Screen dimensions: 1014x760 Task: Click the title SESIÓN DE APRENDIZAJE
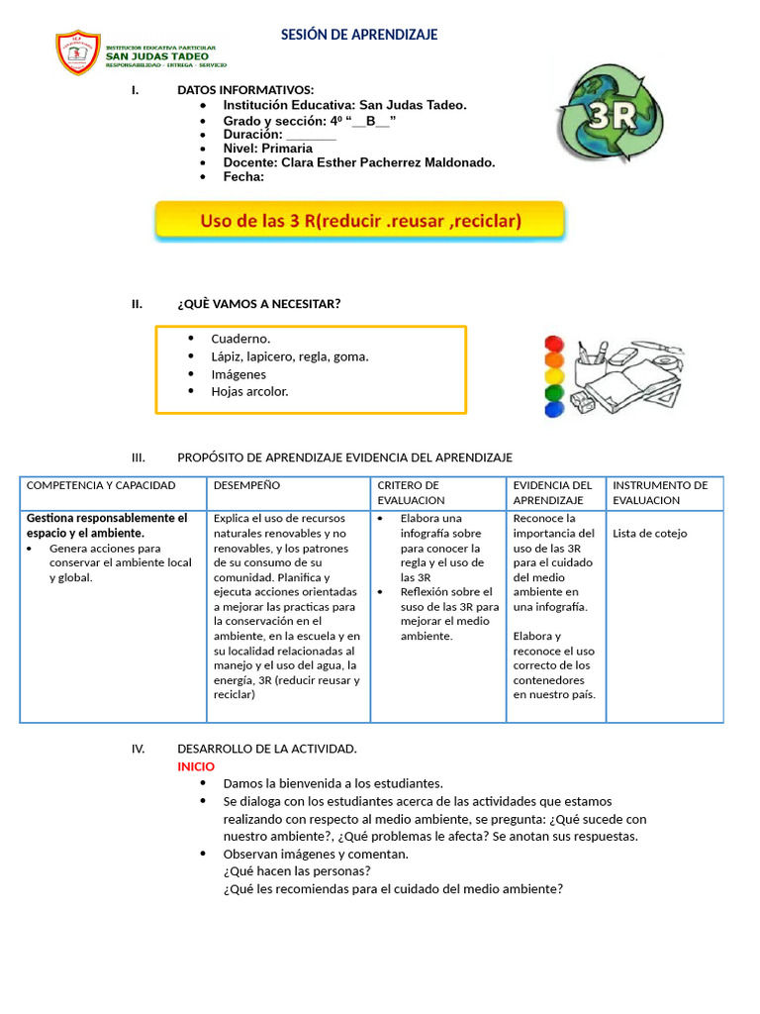[359, 35]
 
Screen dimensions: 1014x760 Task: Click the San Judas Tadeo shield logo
[78, 54]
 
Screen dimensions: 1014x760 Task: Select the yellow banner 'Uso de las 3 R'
[360, 221]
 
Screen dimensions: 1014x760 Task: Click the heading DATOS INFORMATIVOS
[245, 90]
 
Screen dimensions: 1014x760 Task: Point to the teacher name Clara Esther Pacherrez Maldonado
[388, 162]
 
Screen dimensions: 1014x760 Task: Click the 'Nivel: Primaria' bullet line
[267, 149]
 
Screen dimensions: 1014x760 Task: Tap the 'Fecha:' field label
[243, 177]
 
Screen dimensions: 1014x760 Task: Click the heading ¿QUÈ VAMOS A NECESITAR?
[258, 304]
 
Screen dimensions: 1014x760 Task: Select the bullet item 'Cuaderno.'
[240, 339]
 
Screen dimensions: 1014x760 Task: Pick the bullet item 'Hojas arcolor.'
[249, 391]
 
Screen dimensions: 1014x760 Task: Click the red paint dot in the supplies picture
[554, 345]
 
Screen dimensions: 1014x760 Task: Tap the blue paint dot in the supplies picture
[554, 408]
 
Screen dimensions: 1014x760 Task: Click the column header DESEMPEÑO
[246, 485]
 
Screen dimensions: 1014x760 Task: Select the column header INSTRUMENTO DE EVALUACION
[660, 492]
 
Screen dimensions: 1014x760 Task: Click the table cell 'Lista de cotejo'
[649, 533]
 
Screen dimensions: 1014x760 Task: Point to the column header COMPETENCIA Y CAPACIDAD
[101, 485]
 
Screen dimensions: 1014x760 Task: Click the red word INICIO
[195, 766]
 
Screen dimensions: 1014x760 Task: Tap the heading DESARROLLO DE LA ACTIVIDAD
[267, 749]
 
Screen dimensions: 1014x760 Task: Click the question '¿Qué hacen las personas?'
[297, 871]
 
